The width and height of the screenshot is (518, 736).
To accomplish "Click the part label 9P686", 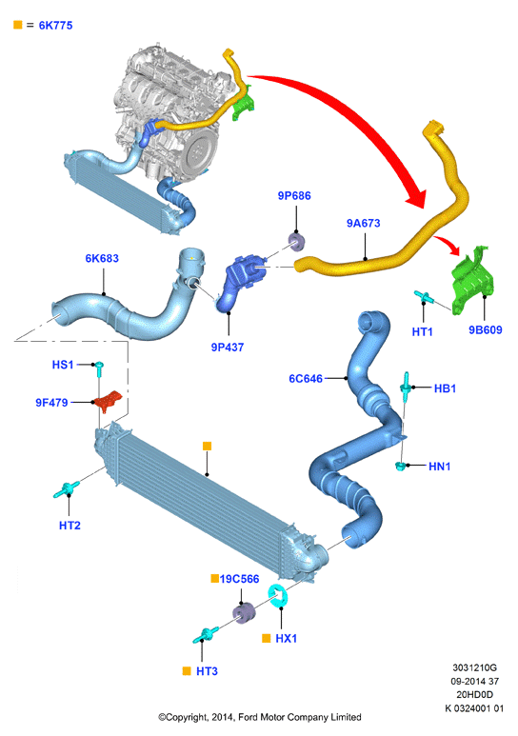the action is [x=294, y=196].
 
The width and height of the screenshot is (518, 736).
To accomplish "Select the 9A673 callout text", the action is [x=363, y=223].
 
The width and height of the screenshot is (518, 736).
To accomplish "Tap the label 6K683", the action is [x=102, y=258].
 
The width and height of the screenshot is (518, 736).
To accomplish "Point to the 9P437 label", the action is [x=228, y=348].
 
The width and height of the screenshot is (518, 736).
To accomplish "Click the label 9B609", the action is [x=485, y=330].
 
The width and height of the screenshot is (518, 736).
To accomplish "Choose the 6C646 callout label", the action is [x=306, y=378].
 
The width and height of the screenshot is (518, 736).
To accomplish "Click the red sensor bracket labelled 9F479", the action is [x=109, y=401].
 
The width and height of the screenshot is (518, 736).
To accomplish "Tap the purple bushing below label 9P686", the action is [x=297, y=242].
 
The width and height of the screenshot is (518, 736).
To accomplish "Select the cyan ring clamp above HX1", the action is [x=279, y=596].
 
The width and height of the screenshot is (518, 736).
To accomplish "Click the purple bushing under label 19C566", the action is [x=244, y=612].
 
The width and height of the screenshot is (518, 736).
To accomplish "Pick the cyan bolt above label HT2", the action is [x=67, y=489].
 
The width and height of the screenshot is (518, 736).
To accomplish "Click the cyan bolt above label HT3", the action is [x=206, y=634].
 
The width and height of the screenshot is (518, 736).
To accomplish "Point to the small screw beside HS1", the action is [x=99, y=368].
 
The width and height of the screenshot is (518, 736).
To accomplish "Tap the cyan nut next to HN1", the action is [x=401, y=466].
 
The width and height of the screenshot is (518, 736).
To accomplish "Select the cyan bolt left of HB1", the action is [x=406, y=387].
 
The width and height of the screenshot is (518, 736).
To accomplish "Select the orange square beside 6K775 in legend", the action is [x=18, y=25].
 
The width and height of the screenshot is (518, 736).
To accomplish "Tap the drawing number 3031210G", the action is [x=474, y=667].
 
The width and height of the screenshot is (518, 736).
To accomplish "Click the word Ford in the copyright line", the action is [x=249, y=717].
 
